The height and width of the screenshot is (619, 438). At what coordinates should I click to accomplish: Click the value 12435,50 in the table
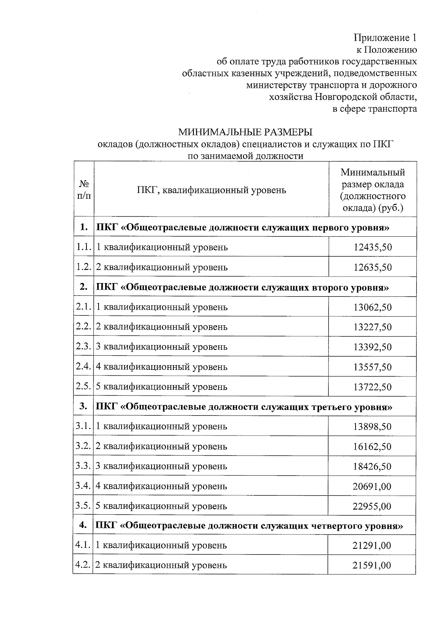point(372,247)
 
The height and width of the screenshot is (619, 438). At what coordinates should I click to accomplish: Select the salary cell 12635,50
point(372,267)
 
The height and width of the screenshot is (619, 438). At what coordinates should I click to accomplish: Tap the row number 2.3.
point(83,346)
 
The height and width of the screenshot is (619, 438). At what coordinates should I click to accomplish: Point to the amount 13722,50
point(372,387)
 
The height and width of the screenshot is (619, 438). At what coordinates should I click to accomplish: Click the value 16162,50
point(372,446)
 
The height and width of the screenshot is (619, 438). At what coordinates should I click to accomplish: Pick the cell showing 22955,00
point(372,506)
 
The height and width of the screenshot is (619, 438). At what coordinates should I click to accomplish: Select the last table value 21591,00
point(372,565)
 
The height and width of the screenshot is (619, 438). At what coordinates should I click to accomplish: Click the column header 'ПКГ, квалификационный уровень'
point(211,190)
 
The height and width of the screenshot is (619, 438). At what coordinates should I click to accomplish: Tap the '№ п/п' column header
point(84,190)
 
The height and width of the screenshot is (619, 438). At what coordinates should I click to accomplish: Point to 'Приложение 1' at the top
point(385,38)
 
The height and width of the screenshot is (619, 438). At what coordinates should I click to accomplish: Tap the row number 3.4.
point(83,486)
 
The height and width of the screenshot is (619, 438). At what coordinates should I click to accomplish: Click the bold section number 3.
point(83,406)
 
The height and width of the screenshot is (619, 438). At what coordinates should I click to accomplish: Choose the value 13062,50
point(372,307)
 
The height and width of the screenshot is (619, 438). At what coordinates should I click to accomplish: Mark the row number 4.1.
point(82,545)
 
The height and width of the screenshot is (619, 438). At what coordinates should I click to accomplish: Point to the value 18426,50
point(372,467)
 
